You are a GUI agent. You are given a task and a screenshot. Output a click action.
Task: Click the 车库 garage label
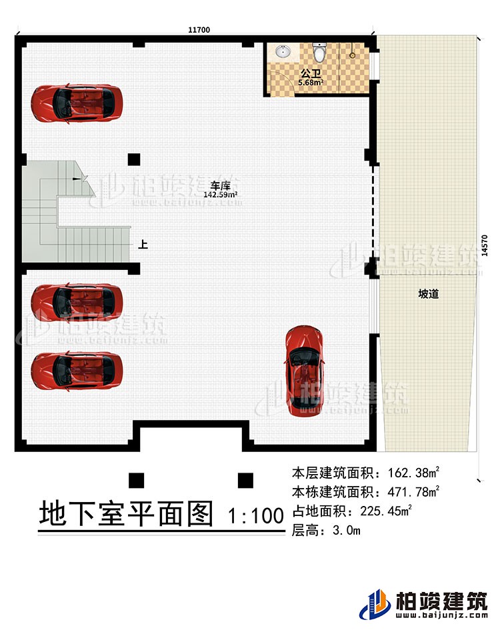[x=220, y=185]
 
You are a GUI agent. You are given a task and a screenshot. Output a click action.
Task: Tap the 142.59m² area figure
[x=221, y=195]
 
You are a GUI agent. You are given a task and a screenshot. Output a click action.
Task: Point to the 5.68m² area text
[x=311, y=83]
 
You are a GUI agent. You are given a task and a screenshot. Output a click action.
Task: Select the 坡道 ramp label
[x=428, y=293]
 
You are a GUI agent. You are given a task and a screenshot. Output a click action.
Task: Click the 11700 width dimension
[x=199, y=29]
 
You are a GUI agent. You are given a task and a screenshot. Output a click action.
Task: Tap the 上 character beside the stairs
[x=143, y=245]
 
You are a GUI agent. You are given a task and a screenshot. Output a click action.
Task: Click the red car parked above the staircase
[x=77, y=102]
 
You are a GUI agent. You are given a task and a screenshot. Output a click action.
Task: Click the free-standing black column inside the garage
[x=135, y=159]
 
